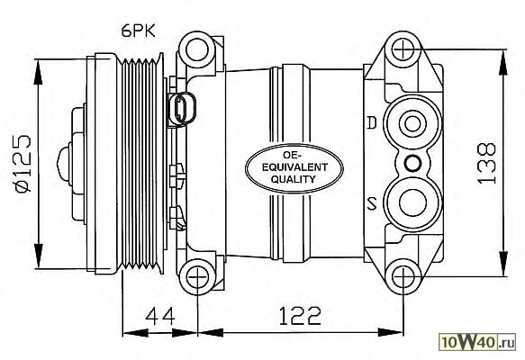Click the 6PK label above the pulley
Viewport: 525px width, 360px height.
(x=139, y=31)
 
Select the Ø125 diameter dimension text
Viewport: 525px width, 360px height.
(x=23, y=164)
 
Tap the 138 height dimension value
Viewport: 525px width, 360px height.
(x=486, y=163)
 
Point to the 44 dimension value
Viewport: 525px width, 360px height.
(x=159, y=316)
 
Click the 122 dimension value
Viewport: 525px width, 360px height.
(x=300, y=316)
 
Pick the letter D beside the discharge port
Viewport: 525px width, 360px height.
(x=372, y=122)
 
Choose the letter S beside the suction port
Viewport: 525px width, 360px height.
(x=372, y=202)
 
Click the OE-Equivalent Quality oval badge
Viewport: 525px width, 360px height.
(x=294, y=168)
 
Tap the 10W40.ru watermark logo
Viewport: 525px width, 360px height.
(x=477, y=342)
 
